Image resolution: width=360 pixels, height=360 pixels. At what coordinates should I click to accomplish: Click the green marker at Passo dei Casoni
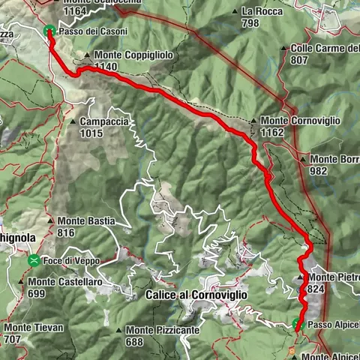tap(49, 31)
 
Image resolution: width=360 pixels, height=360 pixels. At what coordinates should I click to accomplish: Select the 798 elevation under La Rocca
tap(252, 22)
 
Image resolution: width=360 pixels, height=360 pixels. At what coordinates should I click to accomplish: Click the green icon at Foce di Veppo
tap(34, 260)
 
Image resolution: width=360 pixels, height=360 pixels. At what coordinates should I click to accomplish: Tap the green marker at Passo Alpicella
tap(296, 325)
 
